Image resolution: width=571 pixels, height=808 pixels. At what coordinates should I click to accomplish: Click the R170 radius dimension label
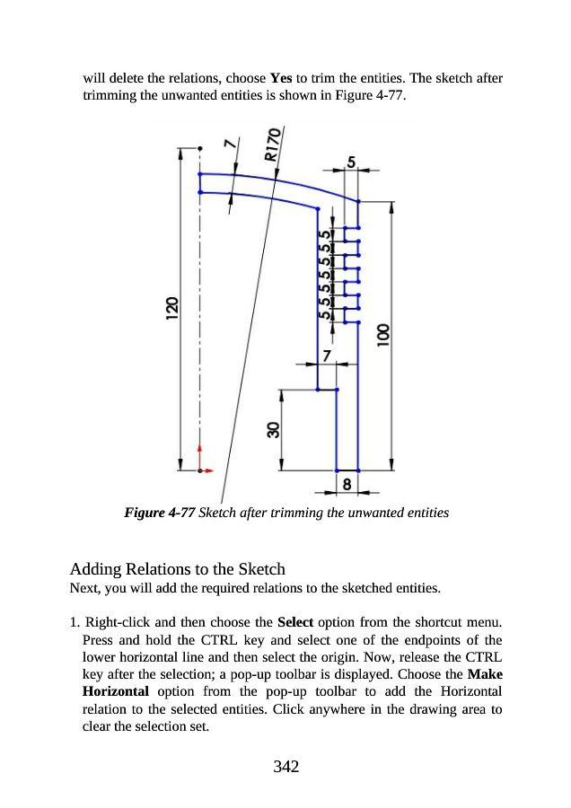274,144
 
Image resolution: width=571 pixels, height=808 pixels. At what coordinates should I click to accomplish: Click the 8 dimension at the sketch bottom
347,485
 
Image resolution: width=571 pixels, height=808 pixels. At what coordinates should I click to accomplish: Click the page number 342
285,766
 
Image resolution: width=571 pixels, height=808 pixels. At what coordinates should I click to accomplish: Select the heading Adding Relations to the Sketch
177,569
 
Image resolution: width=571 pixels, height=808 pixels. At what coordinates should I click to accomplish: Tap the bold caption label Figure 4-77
159,514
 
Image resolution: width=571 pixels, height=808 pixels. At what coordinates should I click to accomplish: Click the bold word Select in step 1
296,621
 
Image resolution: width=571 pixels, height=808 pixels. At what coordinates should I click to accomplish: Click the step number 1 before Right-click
74,621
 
